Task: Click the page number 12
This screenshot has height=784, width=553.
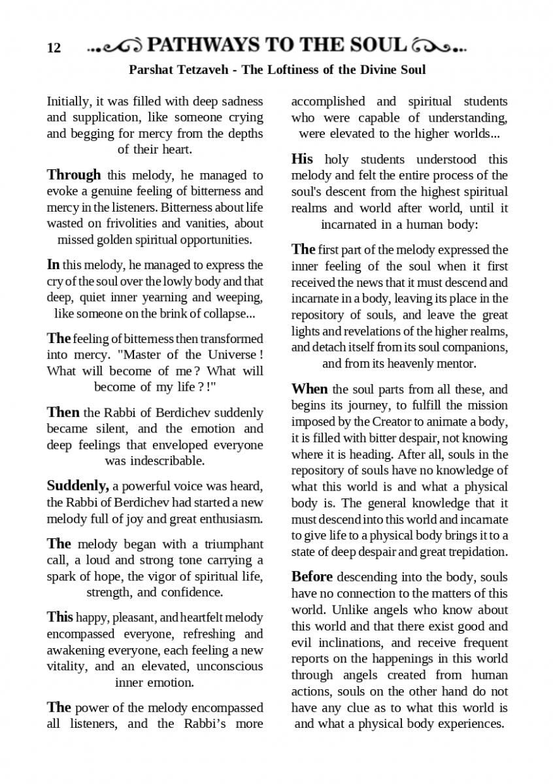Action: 54,48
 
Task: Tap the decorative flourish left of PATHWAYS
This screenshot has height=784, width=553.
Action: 115,46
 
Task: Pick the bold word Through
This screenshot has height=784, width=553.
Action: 74,175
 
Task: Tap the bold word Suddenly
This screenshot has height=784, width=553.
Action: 78,486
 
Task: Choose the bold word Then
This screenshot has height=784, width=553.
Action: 63,413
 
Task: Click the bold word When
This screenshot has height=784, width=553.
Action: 310,389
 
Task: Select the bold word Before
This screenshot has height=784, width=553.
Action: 312,578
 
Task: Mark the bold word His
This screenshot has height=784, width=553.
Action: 302,159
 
